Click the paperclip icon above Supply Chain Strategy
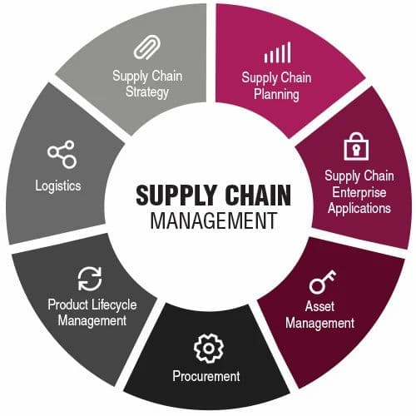[147, 47]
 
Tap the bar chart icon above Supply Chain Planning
[277, 52]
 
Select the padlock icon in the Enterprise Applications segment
[356, 146]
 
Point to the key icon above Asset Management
[323, 282]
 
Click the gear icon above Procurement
[209, 348]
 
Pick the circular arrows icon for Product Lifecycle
[90, 279]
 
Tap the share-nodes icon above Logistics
[62, 155]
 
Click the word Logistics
[58, 186]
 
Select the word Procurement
[206, 376]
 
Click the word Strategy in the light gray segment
[147, 92]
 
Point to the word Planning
[276, 95]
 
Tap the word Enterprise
[359, 192]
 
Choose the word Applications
[359, 208]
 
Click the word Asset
[319, 306]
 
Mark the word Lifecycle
[114, 305]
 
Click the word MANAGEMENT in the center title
[214, 220]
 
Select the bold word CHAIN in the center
[258, 195]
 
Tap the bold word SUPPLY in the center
[176, 195]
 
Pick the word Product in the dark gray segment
[68, 305]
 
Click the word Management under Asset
[319, 324]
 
